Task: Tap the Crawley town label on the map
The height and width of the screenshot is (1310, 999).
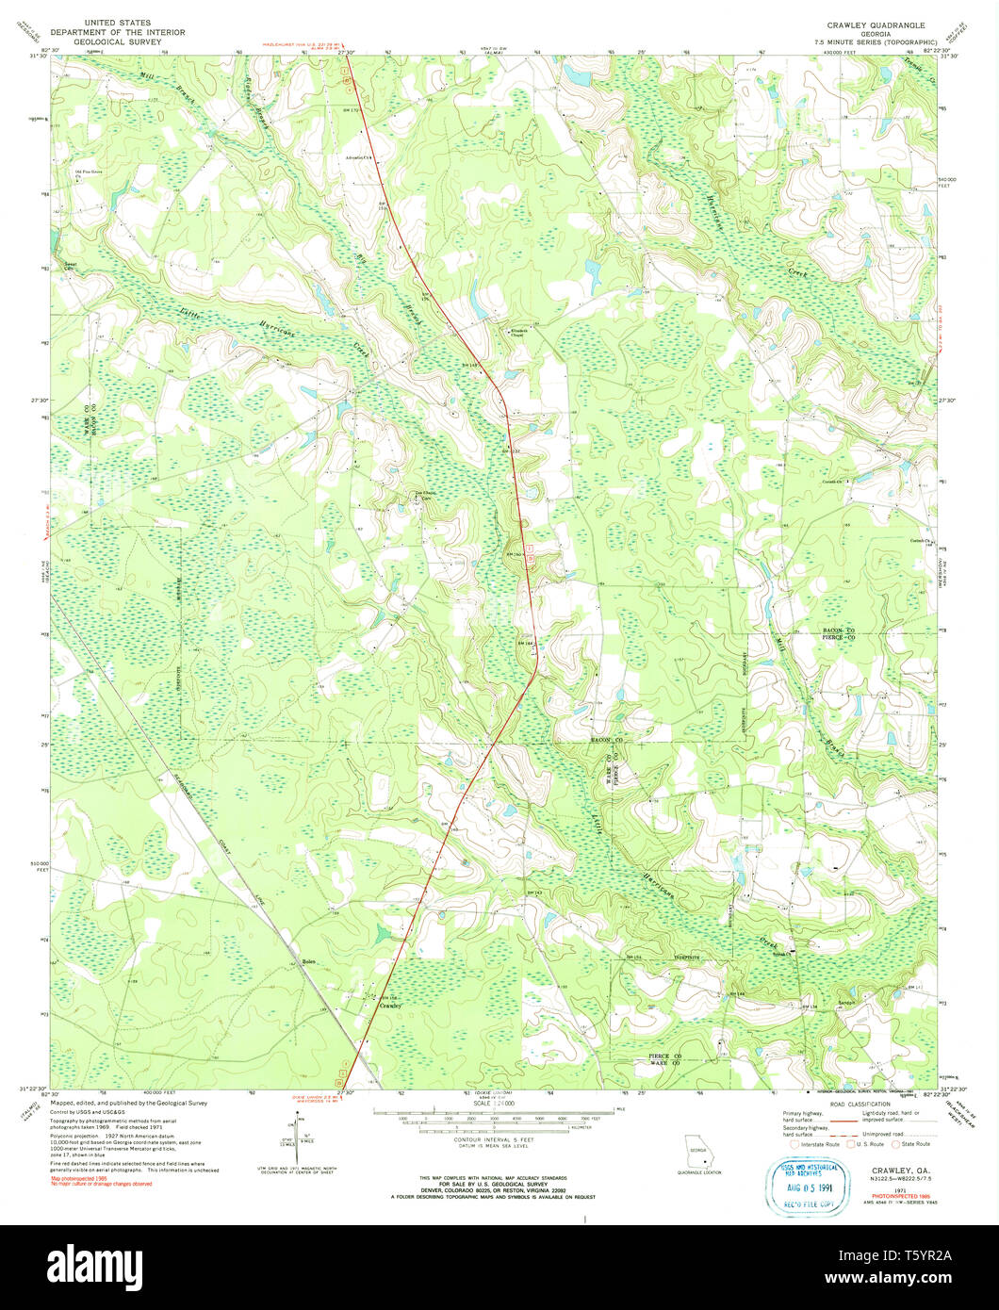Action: tap(390, 1007)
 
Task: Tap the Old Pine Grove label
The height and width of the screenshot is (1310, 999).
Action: tap(89, 173)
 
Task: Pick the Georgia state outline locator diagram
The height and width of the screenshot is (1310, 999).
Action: tap(697, 1152)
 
